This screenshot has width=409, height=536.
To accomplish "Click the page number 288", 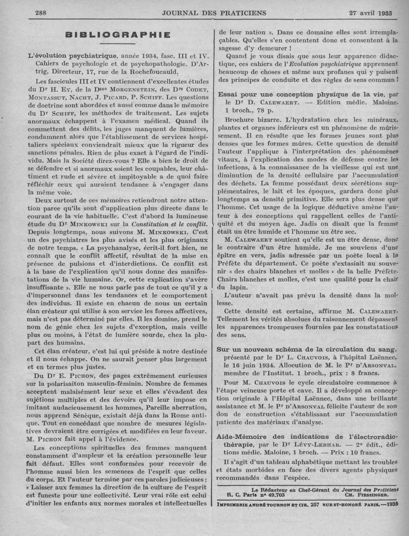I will click(x=40, y=12).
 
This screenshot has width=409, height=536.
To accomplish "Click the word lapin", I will click(x=230, y=287).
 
